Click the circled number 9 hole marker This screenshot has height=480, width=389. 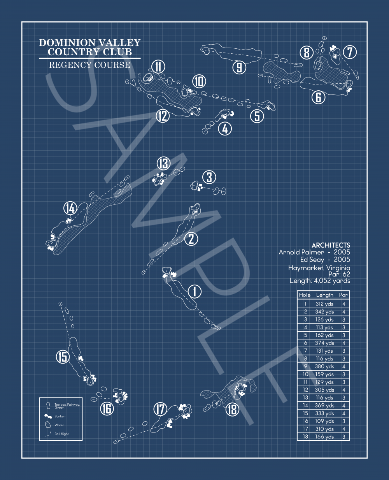click(239, 67)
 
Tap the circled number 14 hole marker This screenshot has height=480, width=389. click(70, 209)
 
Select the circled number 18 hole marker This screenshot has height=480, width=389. click(233, 409)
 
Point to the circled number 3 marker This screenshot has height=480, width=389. click(209, 177)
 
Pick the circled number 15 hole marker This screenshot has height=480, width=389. click(63, 357)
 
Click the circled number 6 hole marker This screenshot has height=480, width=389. click(318, 97)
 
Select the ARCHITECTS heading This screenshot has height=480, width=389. click(331, 245)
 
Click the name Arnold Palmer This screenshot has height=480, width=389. click(301, 252)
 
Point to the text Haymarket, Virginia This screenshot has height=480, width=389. click(319, 268)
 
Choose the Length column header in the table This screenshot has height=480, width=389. click(324, 295)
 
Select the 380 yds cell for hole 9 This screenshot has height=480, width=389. click(324, 366)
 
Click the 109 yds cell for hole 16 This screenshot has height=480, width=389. click(324, 421)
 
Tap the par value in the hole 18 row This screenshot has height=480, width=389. click(343, 437)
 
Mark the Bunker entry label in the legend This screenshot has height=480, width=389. click(60, 416)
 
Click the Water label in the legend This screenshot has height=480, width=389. click(59, 425)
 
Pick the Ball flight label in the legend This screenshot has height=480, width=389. click(61, 434)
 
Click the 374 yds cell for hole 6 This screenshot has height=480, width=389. click(324, 343)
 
